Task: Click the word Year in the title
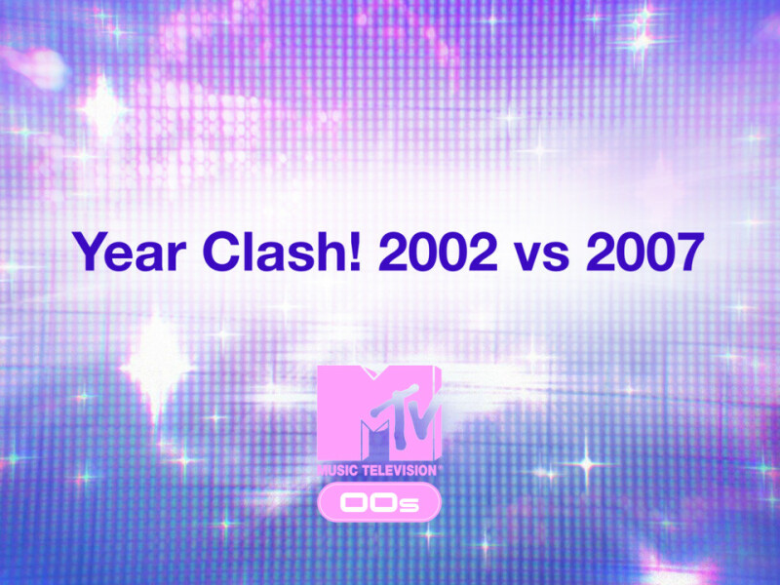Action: [x=130, y=252]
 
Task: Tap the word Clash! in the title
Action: [x=282, y=252]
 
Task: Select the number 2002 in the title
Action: [x=438, y=252]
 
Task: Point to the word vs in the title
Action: [x=542, y=256]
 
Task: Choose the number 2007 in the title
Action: [x=645, y=252]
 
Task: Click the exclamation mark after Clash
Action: [x=355, y=252]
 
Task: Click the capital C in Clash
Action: [x=221, y=252]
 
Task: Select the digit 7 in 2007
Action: [x=690, y=252]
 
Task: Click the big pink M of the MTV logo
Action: [x=348, y=412]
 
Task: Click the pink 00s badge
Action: [x=379, y=502]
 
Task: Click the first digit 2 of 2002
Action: [x=394, y=252]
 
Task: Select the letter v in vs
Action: [x=529, y=256]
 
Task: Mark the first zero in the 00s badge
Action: [x=354, y=503]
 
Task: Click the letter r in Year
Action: [x=177, y=256]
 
